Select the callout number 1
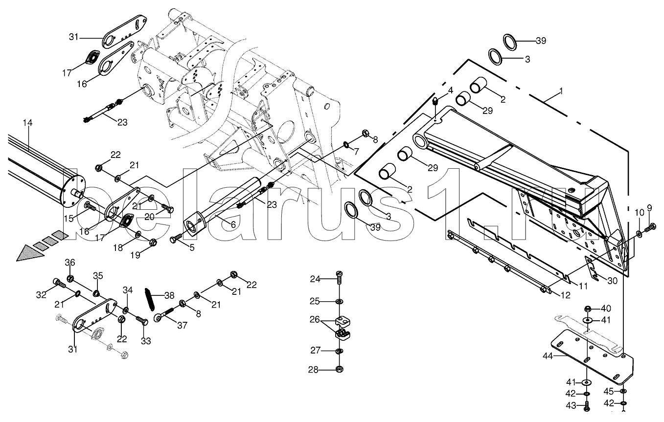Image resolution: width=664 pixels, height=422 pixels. pyautogui.click(x=561, y=91)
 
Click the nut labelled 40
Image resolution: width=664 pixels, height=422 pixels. pyautogui.click(x=589, y=309)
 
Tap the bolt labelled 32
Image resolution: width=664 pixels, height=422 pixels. pyautogui.click(x=57, y=283)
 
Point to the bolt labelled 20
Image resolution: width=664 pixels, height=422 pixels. pyautogui.click(x=167, y=209)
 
